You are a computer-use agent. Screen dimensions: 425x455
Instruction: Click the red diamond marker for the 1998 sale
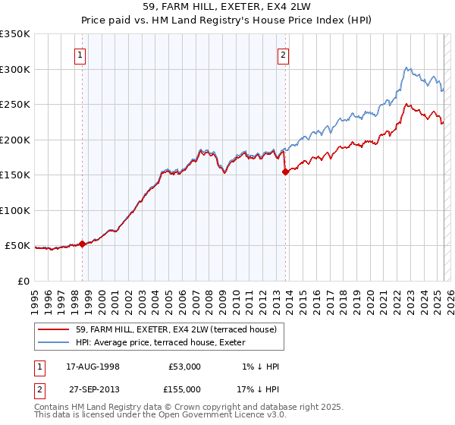coord(82,244)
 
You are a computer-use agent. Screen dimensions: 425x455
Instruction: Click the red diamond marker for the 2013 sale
coord(285,172)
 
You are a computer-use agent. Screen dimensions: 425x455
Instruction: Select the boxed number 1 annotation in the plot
coord(80,54)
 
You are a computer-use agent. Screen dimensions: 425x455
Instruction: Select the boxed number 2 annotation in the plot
coord(283,54)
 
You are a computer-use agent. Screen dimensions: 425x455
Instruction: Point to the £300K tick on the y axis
coord(15,69)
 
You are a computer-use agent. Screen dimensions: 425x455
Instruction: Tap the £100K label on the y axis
coord(15,210)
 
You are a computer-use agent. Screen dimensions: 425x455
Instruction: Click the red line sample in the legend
coord(54,329)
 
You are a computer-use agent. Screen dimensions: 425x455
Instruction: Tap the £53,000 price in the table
coord(185,367)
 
